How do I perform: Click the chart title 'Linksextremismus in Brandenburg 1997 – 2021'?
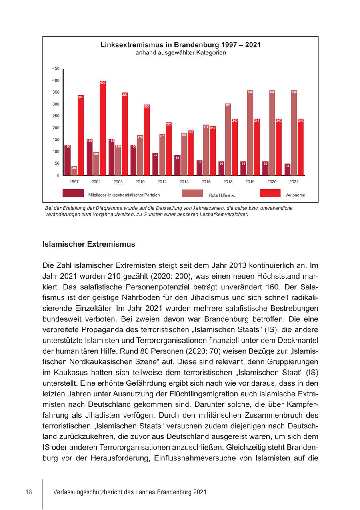[180, 45]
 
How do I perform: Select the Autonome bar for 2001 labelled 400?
[103, 128]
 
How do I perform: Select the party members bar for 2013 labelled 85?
[177, 165]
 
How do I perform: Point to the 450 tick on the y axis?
[56, 69]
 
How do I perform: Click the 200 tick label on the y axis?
[56, 128]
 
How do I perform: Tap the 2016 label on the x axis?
[206, 182]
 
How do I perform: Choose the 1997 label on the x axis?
[74, 182]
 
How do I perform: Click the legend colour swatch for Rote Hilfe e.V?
[192, 193]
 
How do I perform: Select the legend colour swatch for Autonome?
[270, 193]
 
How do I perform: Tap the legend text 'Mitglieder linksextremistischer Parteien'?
[124, 195]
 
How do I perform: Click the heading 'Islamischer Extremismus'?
[89, 244]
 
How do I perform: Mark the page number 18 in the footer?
[29, 492]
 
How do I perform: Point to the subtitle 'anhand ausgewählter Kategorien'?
[180, 53]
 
